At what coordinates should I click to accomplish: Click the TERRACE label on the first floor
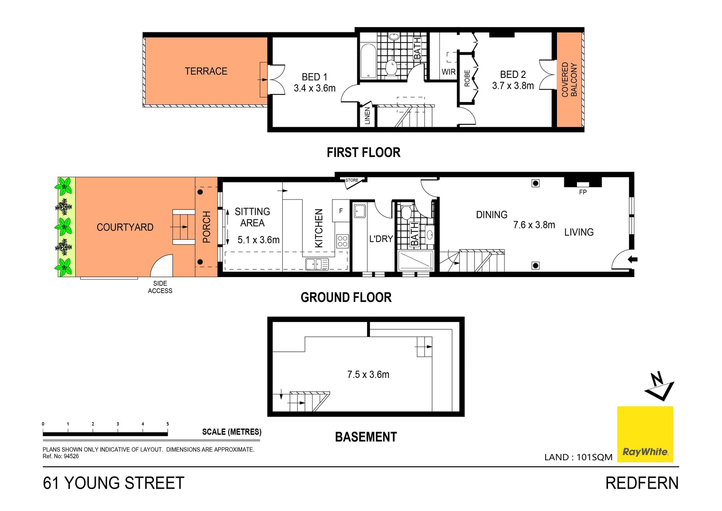click(206, 71)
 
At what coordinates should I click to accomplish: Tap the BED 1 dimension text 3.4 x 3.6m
click(314, 88)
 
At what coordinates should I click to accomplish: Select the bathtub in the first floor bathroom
click(368, 61)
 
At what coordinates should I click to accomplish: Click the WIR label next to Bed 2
click(448, 72)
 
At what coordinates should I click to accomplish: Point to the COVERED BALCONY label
click(569, 79)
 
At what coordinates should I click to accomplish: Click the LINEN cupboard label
click(367, 116)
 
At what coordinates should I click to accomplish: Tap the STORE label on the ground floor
click(352, 180)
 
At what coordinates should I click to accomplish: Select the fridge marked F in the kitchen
click(341, 211)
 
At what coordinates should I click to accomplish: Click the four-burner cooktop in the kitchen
click(342, 241)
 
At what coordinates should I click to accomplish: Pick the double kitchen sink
click(317, 264)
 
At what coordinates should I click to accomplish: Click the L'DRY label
click(381, 239)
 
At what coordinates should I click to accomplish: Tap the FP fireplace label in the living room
click(582, 192)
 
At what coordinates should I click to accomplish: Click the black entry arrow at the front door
click(633, 259)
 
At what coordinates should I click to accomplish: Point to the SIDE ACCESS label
click(160, 287)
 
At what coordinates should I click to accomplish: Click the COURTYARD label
click(125, 227)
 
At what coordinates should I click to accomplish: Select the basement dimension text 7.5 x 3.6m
click(368, 374)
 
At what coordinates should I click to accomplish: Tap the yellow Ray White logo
click(645, 434)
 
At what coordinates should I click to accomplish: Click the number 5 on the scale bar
click(168, 424)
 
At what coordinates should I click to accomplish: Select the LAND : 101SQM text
click(578, 457)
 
